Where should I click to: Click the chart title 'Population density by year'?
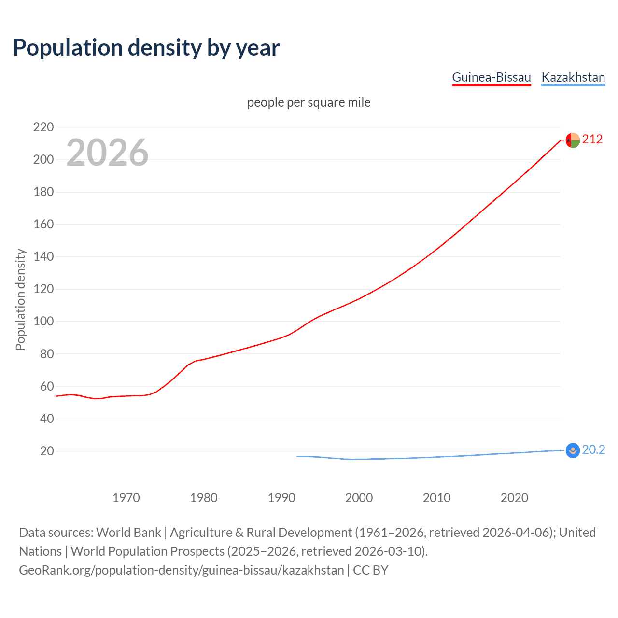tap(146, 48)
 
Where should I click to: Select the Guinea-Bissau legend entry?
tap(491, 77)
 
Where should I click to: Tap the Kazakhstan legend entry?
tap(573, 77)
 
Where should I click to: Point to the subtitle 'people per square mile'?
tap(309, 102)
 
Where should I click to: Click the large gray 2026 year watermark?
tap(107, 153)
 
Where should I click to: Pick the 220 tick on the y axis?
tap(43, 127)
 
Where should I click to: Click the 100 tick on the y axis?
tap(43, 322)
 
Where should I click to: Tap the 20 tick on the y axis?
tap(46, 451)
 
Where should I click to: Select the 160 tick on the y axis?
tap(43, 225)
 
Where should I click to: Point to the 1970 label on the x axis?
tap(126, 498)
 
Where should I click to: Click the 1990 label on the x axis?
tap(281, 498)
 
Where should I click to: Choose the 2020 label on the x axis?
tap(514, 498)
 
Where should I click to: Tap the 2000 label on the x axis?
tap(359, 498)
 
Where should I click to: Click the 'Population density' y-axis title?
tap(20, 299)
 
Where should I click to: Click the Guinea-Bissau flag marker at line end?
tap(573, 140)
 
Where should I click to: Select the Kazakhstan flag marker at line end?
tap(573, 450)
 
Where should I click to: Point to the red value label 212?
tap(592, 140)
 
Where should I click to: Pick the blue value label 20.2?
tap(593, 450)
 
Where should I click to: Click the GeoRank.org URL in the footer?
tap(181, 570)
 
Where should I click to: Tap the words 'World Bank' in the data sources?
tap(128, 533)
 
